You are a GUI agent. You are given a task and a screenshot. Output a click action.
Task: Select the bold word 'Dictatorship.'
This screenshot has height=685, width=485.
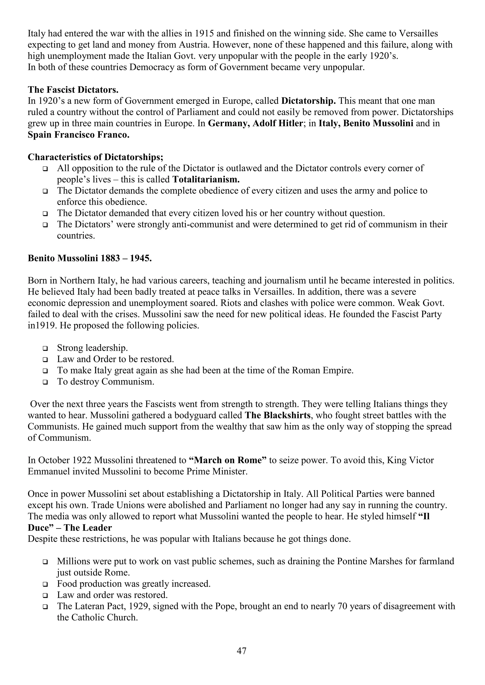click(x=309, y=101)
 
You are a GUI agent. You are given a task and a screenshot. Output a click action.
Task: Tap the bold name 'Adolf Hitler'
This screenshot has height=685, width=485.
click(x=278, y=123)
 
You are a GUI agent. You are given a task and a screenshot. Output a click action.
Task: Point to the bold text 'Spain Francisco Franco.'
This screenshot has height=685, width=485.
click(x=79, y=135)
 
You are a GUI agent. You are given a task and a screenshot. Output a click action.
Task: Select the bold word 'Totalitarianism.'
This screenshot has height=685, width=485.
click(x=206, y=180)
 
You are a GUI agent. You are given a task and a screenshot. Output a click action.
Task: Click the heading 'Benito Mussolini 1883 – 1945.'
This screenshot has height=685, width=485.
click(x=90, y=258)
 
